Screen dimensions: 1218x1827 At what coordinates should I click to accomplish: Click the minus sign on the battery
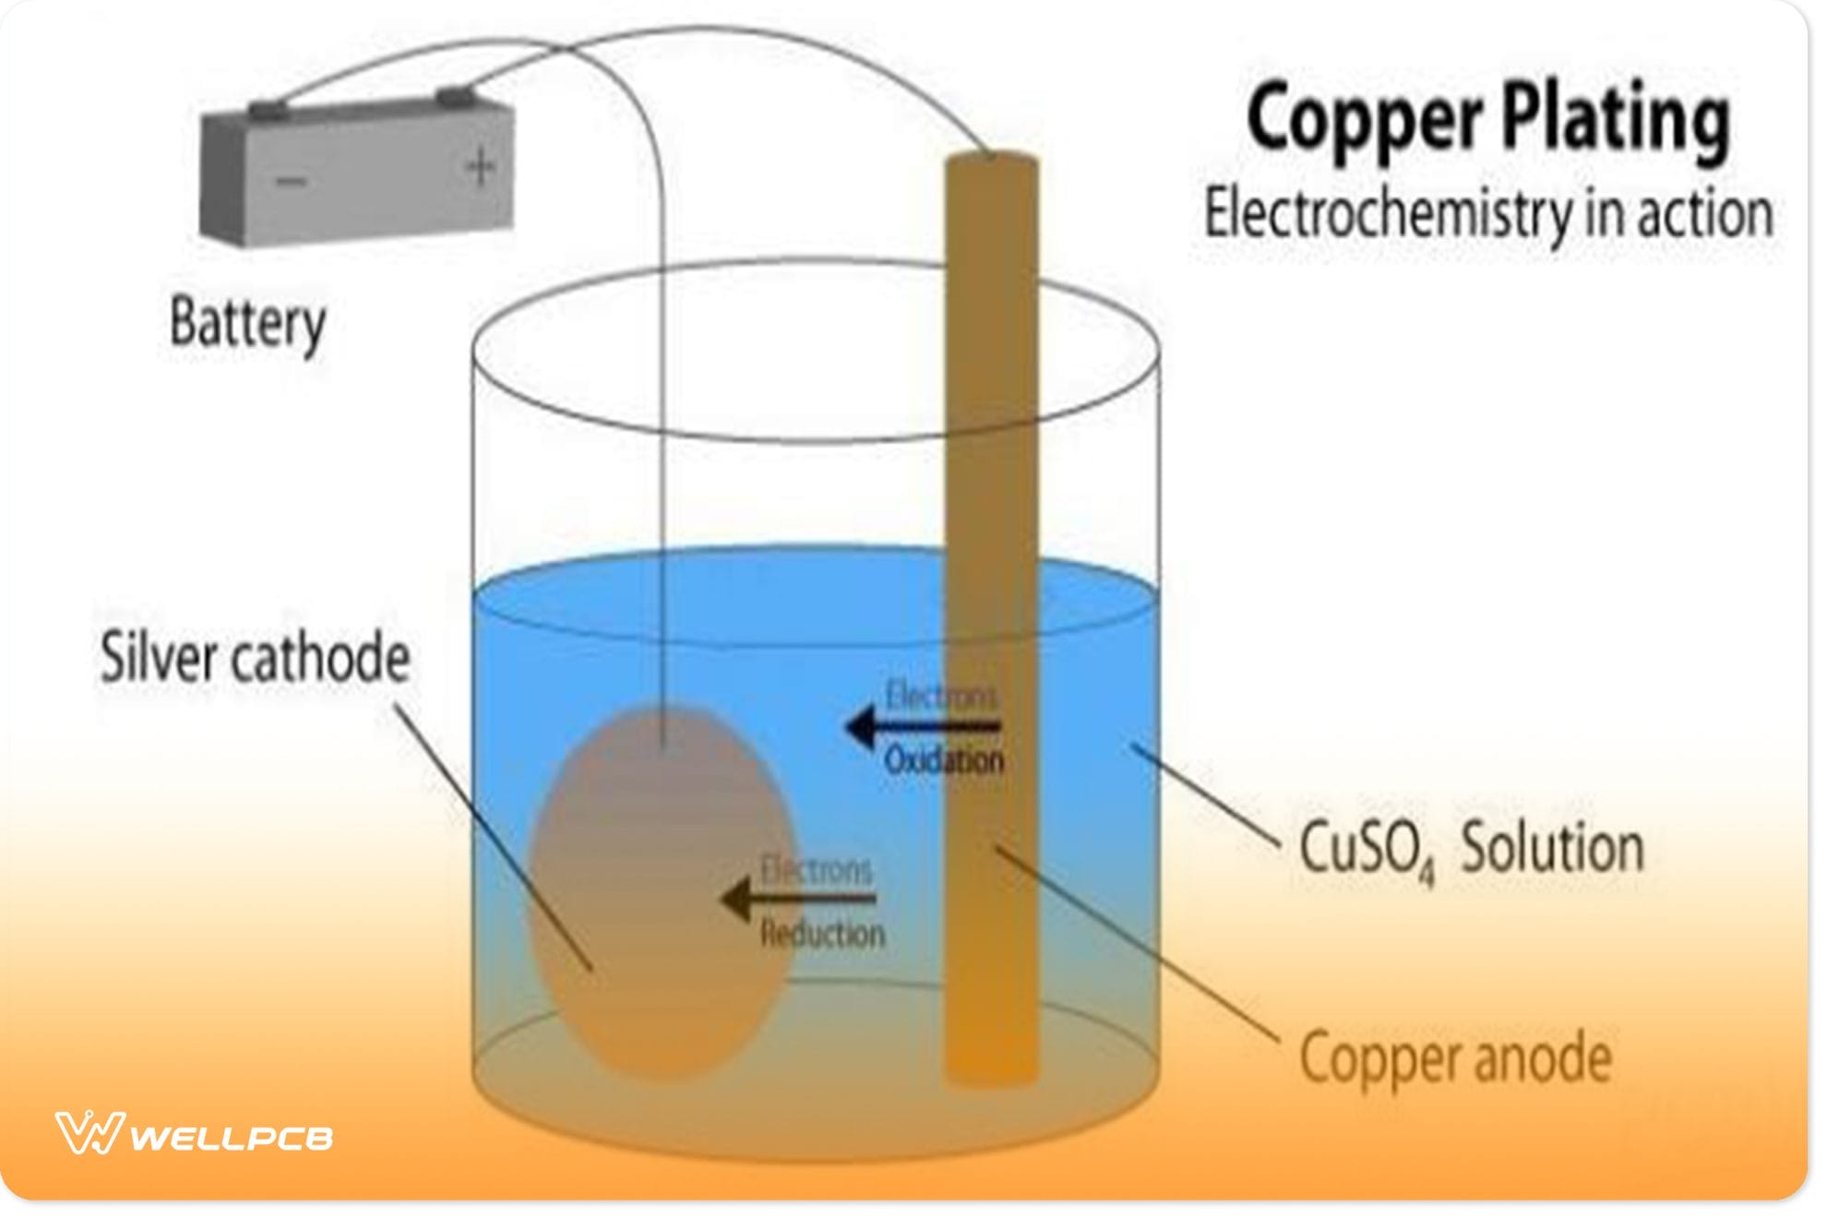[291, 181]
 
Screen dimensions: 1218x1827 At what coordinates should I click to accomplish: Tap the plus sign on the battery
[480, 168]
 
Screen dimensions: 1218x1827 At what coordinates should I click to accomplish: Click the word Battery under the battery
[247, 324]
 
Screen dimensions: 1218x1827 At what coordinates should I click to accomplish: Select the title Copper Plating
[1487, 121]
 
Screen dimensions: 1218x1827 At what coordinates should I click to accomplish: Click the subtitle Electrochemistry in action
[1488, 215]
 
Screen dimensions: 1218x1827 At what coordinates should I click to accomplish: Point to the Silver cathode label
[255, 658]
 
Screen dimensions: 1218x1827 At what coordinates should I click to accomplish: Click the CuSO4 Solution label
[1471, 850]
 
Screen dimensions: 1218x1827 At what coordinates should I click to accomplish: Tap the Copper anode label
[1455, 1058]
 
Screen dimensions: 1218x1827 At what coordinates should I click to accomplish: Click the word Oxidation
[943, 761]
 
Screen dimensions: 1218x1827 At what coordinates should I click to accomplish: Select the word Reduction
[822, 935]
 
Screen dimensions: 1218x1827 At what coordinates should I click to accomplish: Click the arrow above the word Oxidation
[923, 727]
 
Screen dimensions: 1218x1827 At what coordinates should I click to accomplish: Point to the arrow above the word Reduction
[798, 898]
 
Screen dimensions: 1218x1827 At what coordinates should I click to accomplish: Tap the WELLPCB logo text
[231, 1138]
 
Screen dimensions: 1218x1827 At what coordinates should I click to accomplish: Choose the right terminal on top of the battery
[453, 95]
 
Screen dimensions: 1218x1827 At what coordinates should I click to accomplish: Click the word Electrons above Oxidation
[941, 696]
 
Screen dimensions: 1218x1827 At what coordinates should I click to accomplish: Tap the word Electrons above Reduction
[816, 869]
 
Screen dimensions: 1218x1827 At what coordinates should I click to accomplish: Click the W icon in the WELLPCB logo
[90, 1133]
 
